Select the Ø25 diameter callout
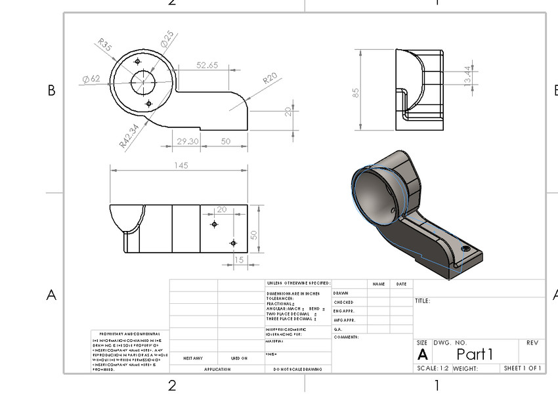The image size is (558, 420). coord(167,37)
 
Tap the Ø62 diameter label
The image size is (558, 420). coord(91,79)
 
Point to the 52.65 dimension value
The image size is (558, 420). coord(207,65)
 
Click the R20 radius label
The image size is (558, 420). coord(270,79)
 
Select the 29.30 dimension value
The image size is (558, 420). coord(187,141)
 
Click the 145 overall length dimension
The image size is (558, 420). coord(181,165)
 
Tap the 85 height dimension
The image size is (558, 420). coord(356,93)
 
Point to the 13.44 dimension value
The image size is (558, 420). coord(467,76)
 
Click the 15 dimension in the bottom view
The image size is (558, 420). coord(238,260)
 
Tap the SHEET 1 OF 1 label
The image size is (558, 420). coord(523,369)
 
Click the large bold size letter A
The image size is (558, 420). coord(422,355)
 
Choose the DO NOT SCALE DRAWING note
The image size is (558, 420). coord(298,369)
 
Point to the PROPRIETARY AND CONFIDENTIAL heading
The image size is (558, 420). coord(129,334)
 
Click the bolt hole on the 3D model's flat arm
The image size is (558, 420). coord(466,249)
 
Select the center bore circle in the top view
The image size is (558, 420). coord(142,83)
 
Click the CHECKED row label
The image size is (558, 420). coord(343,303)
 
